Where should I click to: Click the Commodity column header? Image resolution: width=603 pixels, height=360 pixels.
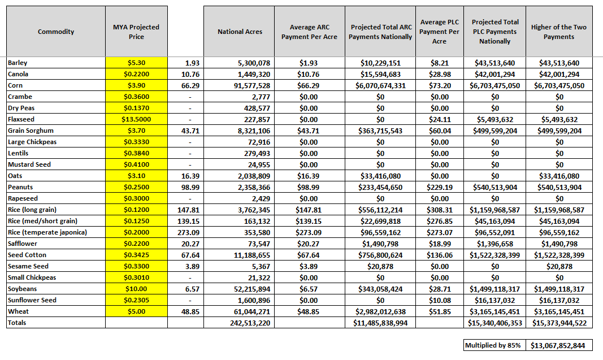point(56,32)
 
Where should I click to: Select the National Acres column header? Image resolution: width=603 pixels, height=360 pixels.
point(240,32)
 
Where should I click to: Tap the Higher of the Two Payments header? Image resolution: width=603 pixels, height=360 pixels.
point(558,32)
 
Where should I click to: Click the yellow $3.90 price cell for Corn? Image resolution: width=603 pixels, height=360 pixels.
point(136,85)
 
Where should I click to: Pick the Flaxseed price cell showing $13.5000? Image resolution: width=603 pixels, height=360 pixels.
point(136,119)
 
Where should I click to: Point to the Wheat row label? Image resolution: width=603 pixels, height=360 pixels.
point(19,311)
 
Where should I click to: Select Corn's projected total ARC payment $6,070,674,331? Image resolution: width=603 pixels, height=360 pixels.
point(380,85)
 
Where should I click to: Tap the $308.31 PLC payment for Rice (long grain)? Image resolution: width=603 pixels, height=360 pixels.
point(439,210)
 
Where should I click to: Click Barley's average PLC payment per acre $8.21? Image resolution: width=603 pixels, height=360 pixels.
point(439,63)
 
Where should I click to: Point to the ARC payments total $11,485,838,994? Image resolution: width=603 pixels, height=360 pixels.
point(380,323)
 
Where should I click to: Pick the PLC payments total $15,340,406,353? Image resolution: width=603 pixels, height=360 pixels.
point(494,323)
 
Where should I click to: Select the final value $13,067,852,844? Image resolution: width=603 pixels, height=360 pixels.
point(558,345)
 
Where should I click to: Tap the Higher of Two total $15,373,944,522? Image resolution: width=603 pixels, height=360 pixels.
point(558,323)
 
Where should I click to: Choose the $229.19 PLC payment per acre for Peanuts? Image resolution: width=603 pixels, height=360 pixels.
point(439,187)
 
